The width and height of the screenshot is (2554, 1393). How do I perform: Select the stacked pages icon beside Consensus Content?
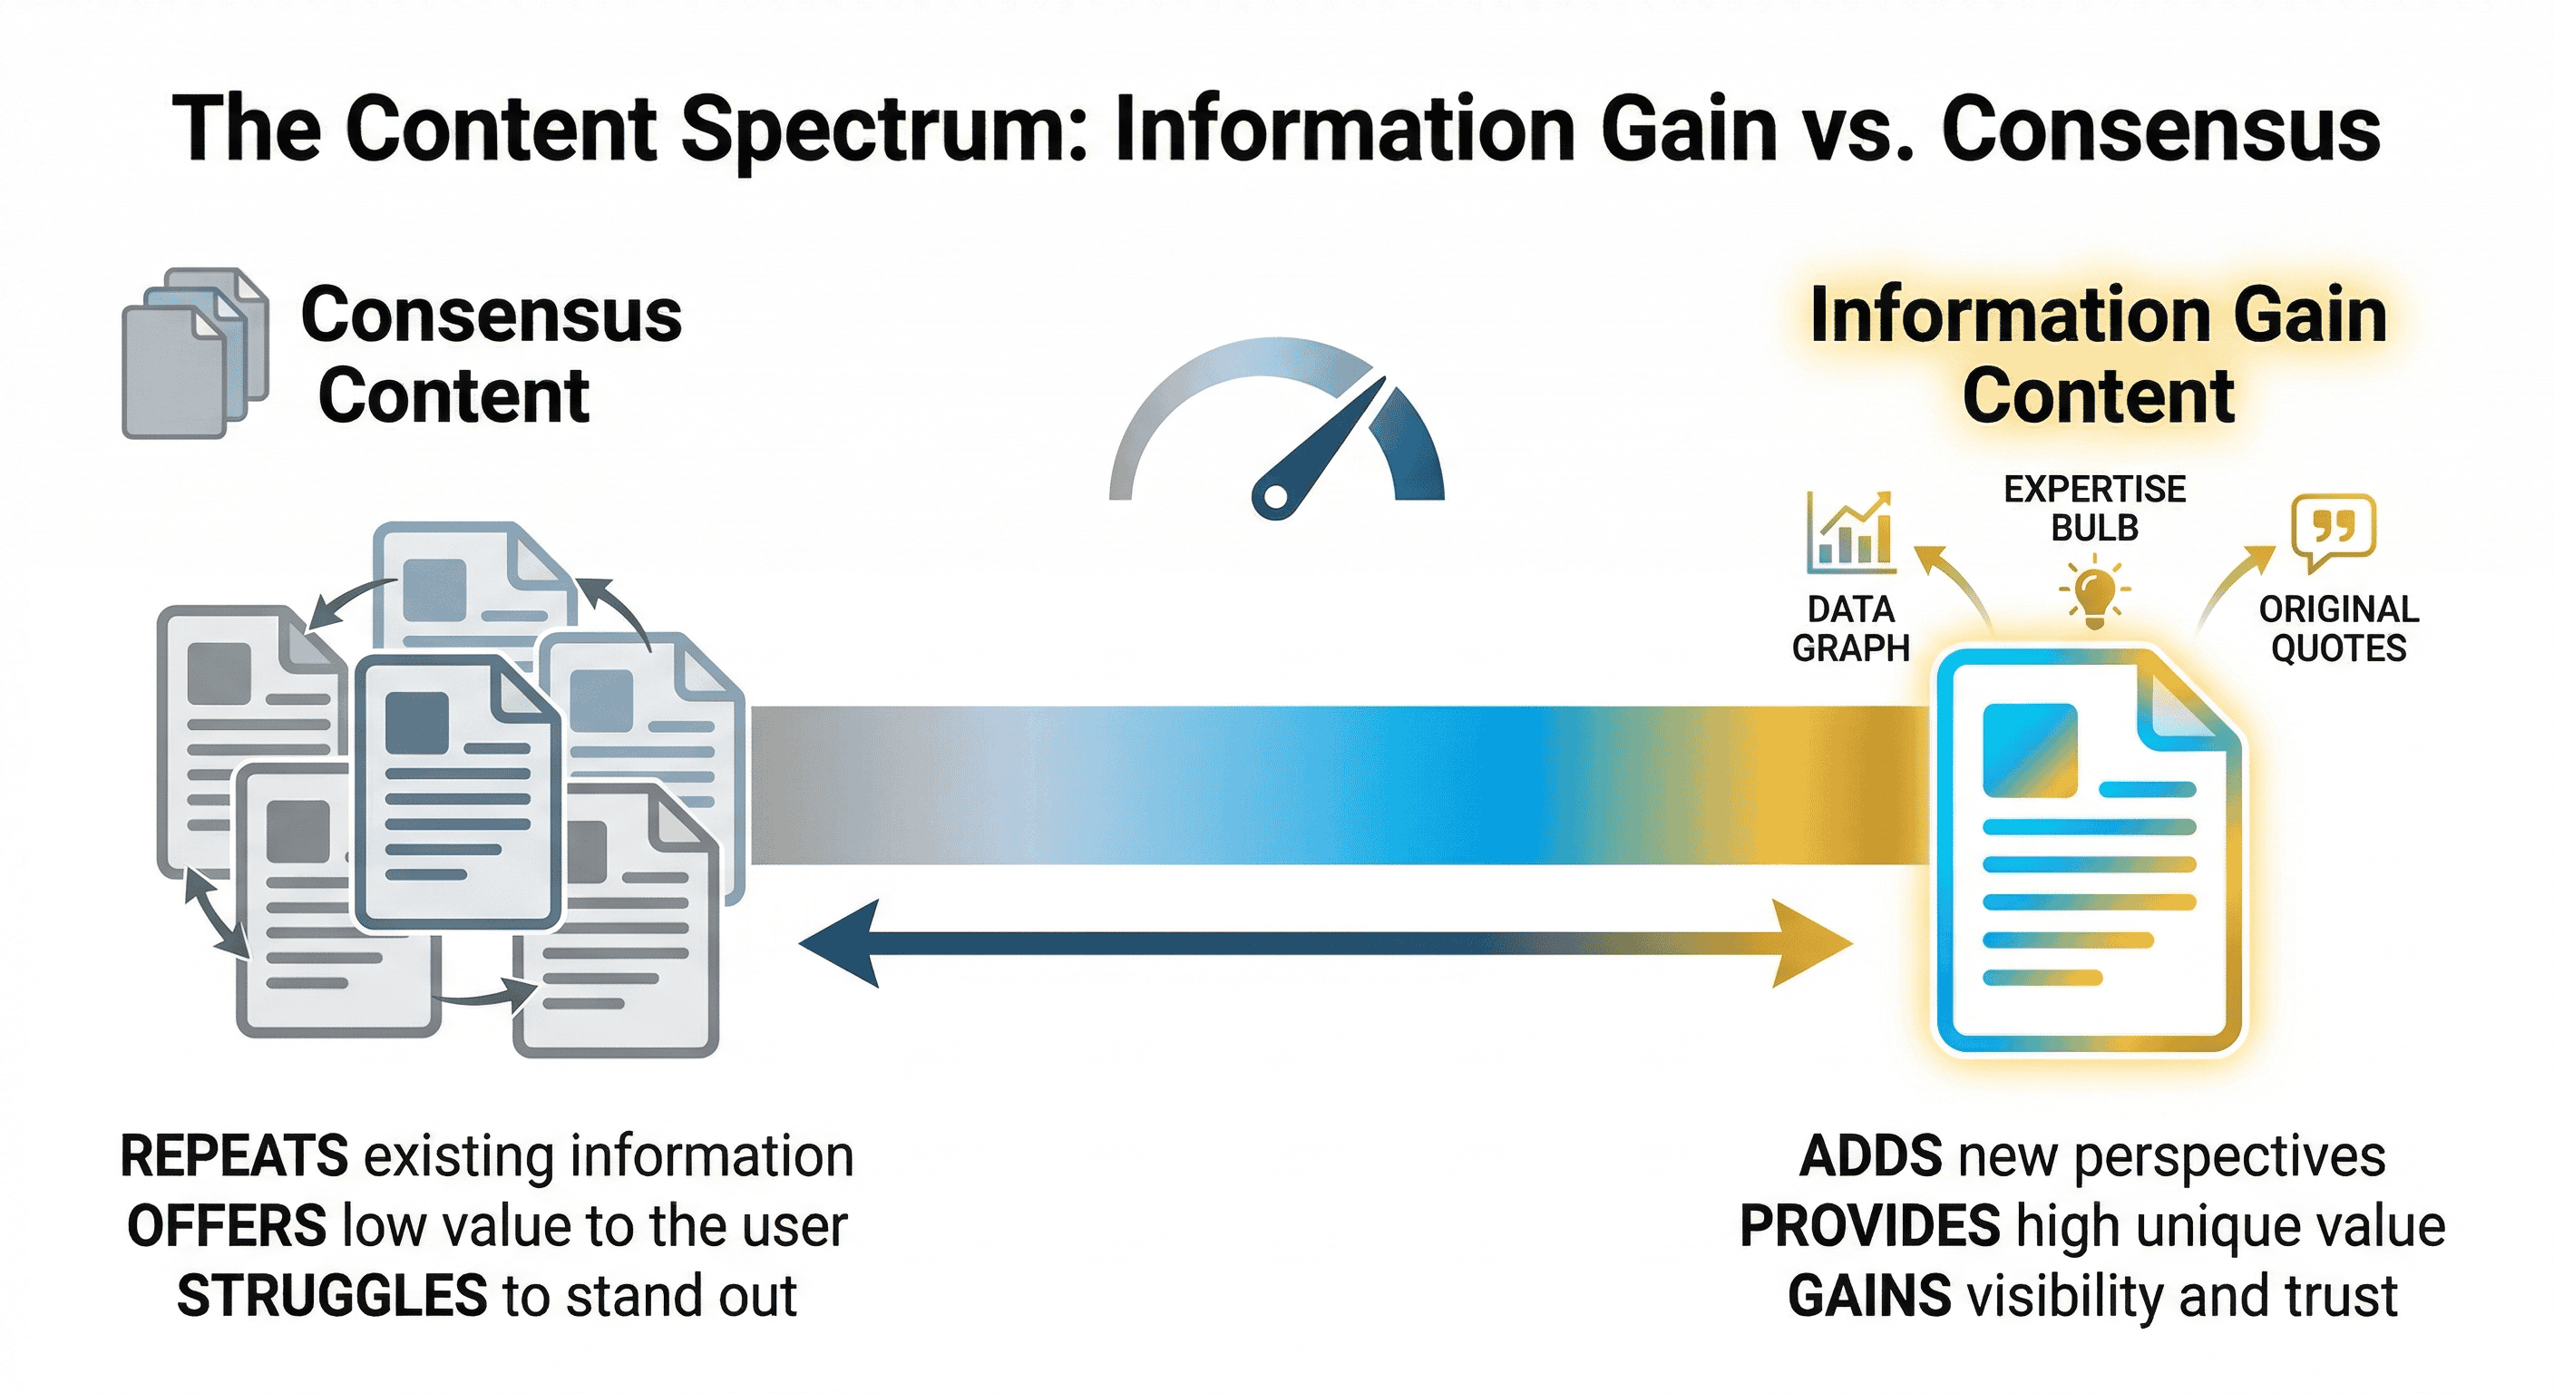[x=194, y=353]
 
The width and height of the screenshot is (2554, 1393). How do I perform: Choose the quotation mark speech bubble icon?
[x=2333, y=531]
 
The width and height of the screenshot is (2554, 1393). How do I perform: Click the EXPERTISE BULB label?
[x=2094, y=509]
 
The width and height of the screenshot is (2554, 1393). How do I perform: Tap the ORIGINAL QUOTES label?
[x=2338, y=628]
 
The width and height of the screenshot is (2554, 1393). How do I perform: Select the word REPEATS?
[x=234, y=1156]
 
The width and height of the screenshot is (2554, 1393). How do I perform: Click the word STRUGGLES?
[x=331, y=1296]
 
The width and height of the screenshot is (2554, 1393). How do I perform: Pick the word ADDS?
[x=1870, y=1156]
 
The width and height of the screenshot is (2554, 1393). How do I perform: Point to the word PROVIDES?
[x=1870, y=1226]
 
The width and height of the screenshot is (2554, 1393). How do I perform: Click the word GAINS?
[x=1870, y=1296]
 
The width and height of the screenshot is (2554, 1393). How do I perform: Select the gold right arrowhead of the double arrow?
[x=1810, y=944]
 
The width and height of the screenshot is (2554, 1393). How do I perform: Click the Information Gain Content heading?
[x=2098, y=355]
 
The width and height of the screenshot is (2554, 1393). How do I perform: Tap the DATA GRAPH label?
[x=1850, y=628]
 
